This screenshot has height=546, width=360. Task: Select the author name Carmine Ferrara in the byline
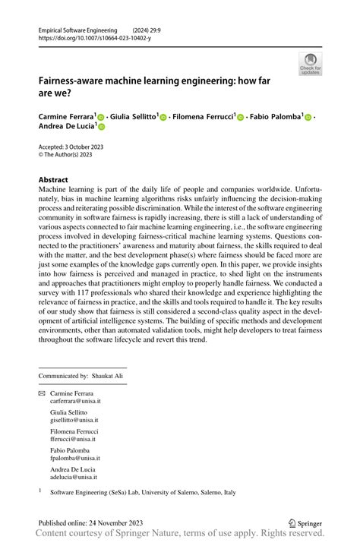coord(66,117)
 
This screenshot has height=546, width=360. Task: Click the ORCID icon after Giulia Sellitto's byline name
coord(163,118)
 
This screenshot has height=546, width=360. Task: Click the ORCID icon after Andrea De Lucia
coord(100,128)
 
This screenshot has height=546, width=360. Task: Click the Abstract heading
coord(53,180)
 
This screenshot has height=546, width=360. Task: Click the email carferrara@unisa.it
coord(75,401)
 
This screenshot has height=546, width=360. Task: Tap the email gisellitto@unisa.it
coord(74,420)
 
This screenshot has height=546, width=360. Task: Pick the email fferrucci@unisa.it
coord(72,439)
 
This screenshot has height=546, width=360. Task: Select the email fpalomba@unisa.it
coord(74,458)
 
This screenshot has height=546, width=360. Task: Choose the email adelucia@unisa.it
coord(73,477)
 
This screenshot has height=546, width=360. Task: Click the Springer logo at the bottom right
coord(305,523)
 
